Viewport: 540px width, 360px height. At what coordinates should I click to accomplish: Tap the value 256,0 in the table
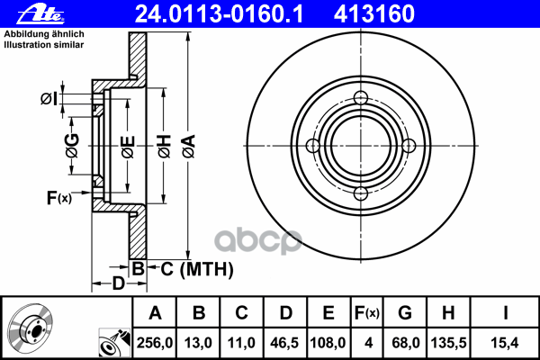point(155,342)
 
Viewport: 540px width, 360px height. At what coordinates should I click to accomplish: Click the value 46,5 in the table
point(285,342)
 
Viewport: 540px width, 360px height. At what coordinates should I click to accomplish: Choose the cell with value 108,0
point(328,342)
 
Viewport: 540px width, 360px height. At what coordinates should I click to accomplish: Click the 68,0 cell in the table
point(406,342)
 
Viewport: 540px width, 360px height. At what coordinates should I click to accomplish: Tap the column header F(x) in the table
point(368,313)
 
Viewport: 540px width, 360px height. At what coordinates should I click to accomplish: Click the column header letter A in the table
point(155,313)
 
